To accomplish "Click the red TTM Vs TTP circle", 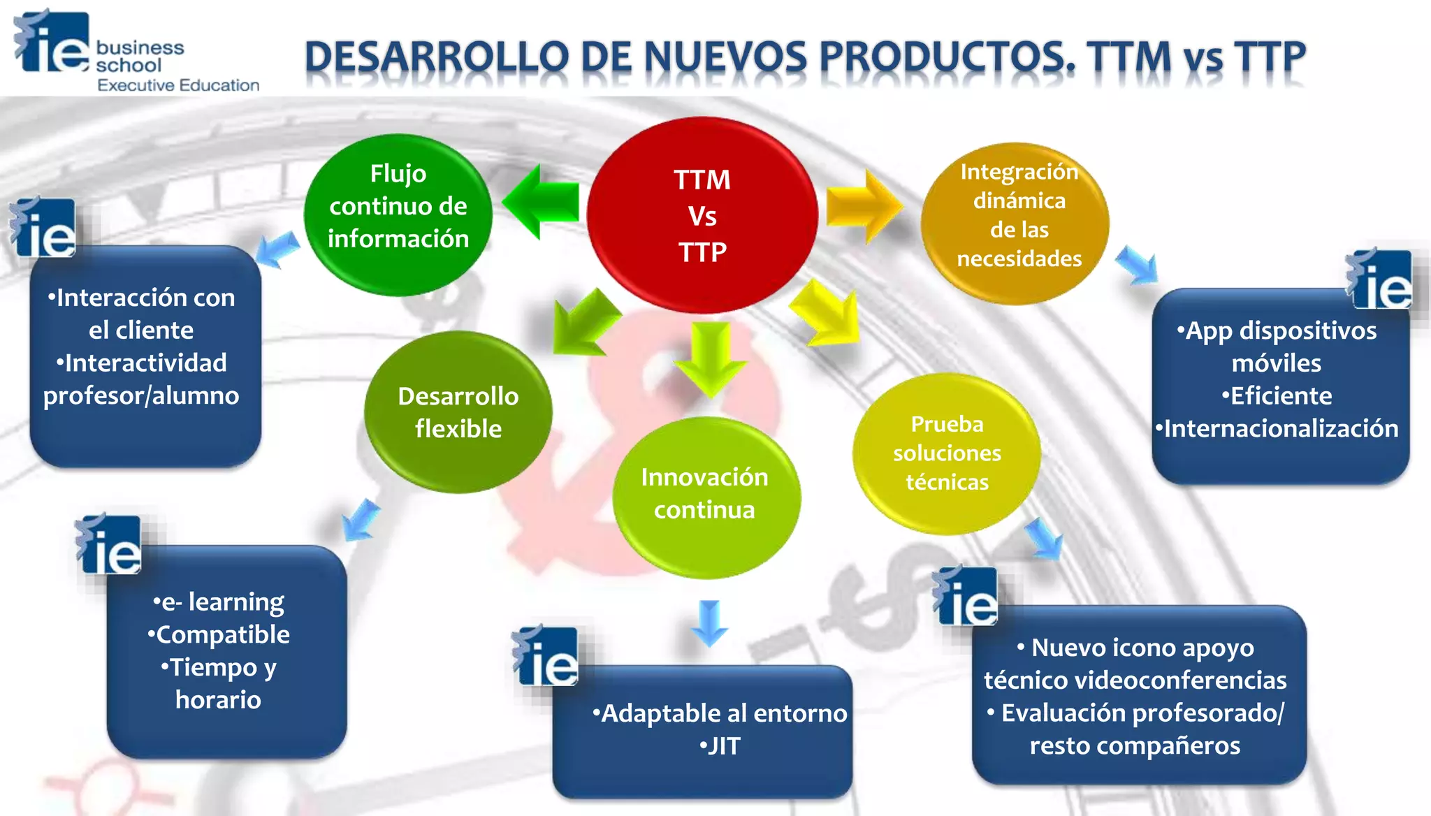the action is (x=702, y=215).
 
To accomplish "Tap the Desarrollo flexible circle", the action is (x=458, y=412).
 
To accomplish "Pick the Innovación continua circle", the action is (x=706, y=497).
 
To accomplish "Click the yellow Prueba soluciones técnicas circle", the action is (x=947, y=453).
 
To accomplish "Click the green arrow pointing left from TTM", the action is (x=541, y=203).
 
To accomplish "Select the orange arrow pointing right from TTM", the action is (x=864, y=207).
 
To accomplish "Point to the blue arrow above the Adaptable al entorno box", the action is (x=710, y=622).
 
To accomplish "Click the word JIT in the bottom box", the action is (x=722, y=747).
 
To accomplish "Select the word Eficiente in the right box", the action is (x=1280, y=396).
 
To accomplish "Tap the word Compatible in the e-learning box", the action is (x=222, y=635).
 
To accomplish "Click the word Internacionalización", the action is (x=1280, y=429).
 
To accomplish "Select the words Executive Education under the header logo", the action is (x=178, y=86).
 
